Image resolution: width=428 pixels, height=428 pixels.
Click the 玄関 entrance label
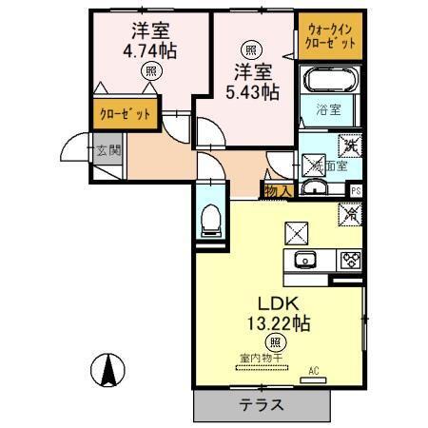point(107,149)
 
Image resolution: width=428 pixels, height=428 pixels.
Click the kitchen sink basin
point(307,260)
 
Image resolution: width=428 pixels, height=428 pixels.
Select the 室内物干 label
point(256,359)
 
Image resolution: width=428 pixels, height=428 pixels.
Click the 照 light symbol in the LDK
point(276,342)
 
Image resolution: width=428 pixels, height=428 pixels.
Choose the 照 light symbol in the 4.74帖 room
point(150,71)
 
